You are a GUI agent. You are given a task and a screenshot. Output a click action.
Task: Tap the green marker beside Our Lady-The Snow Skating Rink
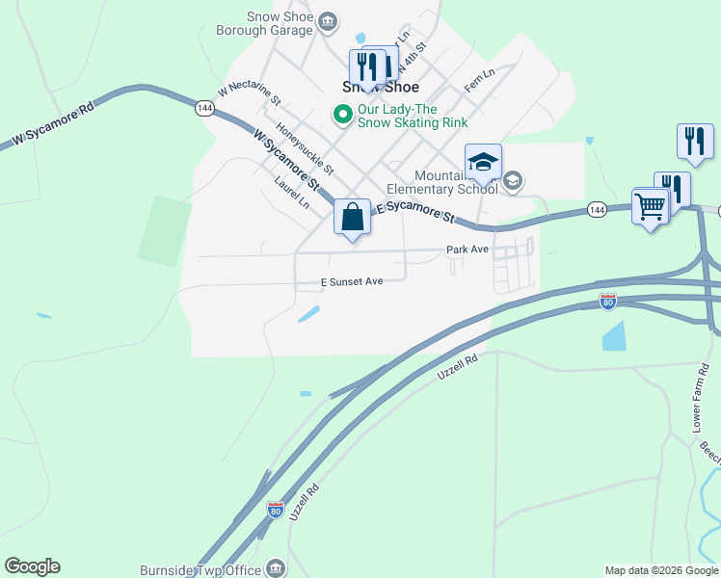click(342, 115)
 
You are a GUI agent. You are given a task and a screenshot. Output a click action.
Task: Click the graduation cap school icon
click(483, 162)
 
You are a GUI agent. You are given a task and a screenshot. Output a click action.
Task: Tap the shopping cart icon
click(651, 205)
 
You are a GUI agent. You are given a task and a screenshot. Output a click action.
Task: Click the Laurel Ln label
click(291, 193)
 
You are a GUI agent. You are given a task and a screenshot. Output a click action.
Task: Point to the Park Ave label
click(467, 250)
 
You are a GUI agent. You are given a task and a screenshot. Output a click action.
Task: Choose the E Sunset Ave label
click(352, 281)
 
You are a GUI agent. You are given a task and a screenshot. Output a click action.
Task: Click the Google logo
click(32, 566)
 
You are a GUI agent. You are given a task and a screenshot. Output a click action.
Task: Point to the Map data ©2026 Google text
click(660, 570)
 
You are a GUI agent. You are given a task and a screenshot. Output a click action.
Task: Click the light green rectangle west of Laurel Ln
click(164, 231)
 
